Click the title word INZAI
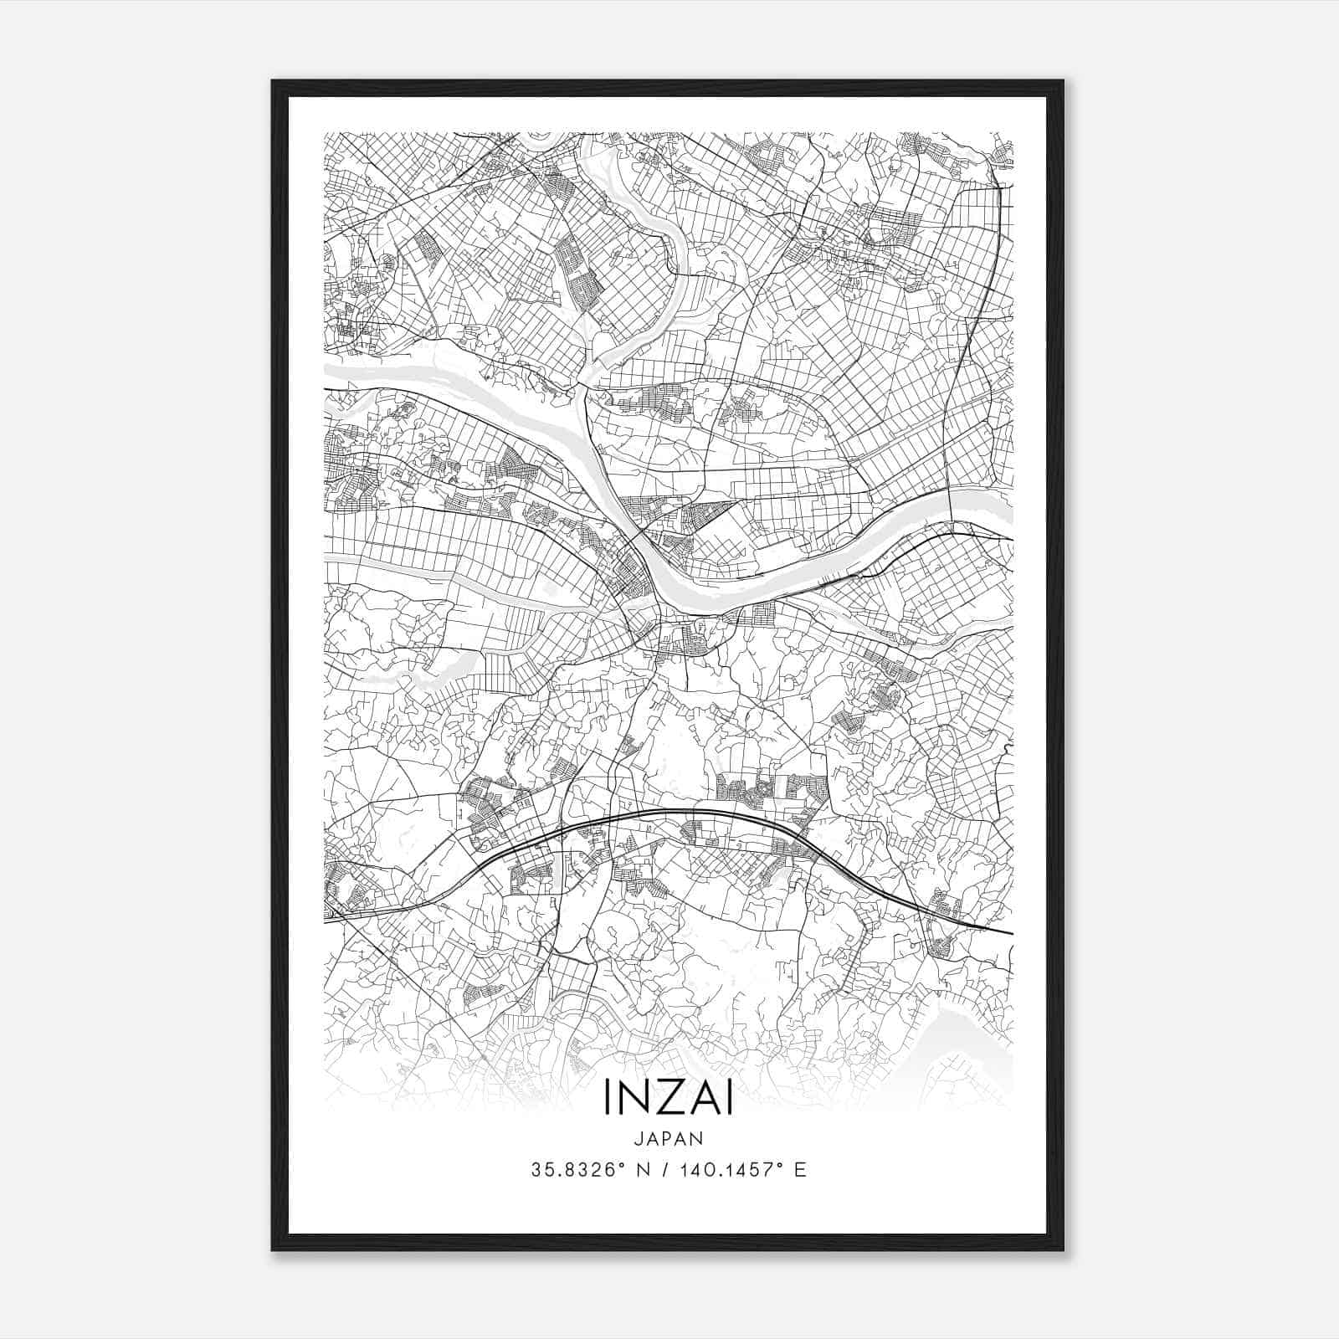click(x=668, y=1100)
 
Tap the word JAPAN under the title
click(x=668, y=1138)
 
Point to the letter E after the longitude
click(x=801, y=1170)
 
